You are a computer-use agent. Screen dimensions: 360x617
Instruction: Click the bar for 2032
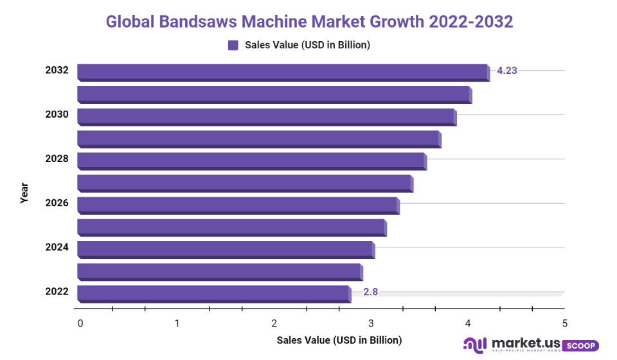coord(283,71)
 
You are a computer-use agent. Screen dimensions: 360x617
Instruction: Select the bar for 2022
coord(213,292)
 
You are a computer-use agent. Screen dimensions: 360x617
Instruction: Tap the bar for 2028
coord(251,160)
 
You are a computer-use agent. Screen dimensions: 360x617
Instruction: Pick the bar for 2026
coord(238,204)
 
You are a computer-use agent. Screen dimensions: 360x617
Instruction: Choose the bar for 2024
coord(225,248)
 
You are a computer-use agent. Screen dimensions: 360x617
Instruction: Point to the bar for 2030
coord(266,116)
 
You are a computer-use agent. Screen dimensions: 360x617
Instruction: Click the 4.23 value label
coord(507,71)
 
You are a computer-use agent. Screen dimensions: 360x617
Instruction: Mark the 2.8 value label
coord(370,292)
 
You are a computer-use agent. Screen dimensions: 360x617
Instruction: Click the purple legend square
coord(233,45)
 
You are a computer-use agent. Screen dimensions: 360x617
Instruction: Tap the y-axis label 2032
coord(57,70)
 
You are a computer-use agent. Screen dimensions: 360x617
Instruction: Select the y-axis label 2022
coord(57,292)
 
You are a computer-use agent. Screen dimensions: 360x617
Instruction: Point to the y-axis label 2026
coord(57,203)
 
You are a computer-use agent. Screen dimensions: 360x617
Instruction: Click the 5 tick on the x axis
coord(564,323)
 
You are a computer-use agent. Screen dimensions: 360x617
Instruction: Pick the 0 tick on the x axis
coord(80,323)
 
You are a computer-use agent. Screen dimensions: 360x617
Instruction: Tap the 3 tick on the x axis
coord(371,323)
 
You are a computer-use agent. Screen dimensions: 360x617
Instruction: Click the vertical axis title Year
coord(24,193)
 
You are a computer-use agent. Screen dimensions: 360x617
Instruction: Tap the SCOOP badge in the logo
coord(580,346)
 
